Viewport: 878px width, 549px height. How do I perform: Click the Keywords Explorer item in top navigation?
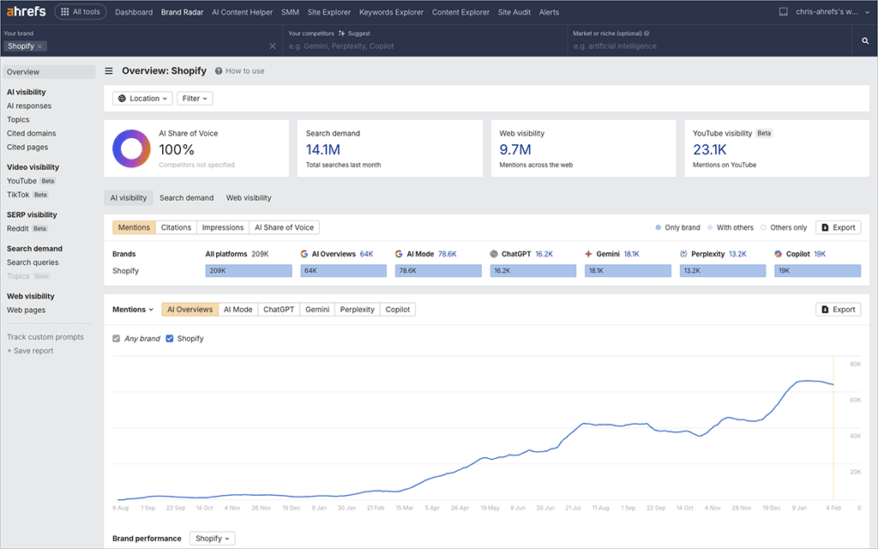(392, 12)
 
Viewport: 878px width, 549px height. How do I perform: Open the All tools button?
(80, 12)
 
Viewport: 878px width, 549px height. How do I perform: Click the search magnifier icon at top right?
(865, 41)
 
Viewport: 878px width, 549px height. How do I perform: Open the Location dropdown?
(142, 99)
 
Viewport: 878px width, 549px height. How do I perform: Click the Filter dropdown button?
(195, 99)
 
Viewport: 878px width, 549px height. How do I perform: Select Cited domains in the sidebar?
(32, 134)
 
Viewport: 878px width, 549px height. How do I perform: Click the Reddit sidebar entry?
(18, 229)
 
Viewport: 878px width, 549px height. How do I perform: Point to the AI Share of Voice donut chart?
(131, 149)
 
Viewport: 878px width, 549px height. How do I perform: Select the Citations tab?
(176, 227)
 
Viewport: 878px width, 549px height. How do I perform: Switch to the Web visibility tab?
(249, 198)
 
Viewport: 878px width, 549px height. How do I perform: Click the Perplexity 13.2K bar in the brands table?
(723, 270)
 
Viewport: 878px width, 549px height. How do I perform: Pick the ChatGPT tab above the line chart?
(279, 310)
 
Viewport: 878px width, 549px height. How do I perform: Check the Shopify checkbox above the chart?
(170, 339)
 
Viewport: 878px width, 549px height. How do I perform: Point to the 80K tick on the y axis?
(855, 365)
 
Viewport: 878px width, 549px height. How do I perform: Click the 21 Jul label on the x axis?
(573, 508)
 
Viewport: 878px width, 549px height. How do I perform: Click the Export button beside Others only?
(838, 227)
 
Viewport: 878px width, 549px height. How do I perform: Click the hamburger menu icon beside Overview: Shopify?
(109, 71)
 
